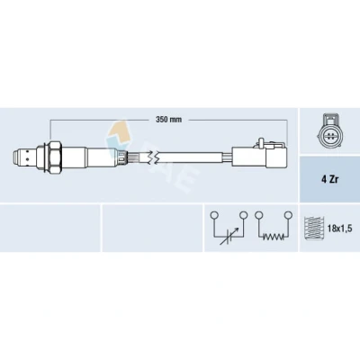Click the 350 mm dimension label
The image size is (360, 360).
pos(168,120)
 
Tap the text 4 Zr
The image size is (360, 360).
pos(329,180)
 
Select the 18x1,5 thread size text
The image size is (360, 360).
pos(339,229)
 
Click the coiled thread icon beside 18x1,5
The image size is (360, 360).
pos(313,228)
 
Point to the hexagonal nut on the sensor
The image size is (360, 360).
pos(56,157)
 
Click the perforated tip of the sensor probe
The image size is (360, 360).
pos(24,157)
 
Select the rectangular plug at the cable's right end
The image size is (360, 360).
pos(259,157)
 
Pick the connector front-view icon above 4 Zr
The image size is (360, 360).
pos(329,132)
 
